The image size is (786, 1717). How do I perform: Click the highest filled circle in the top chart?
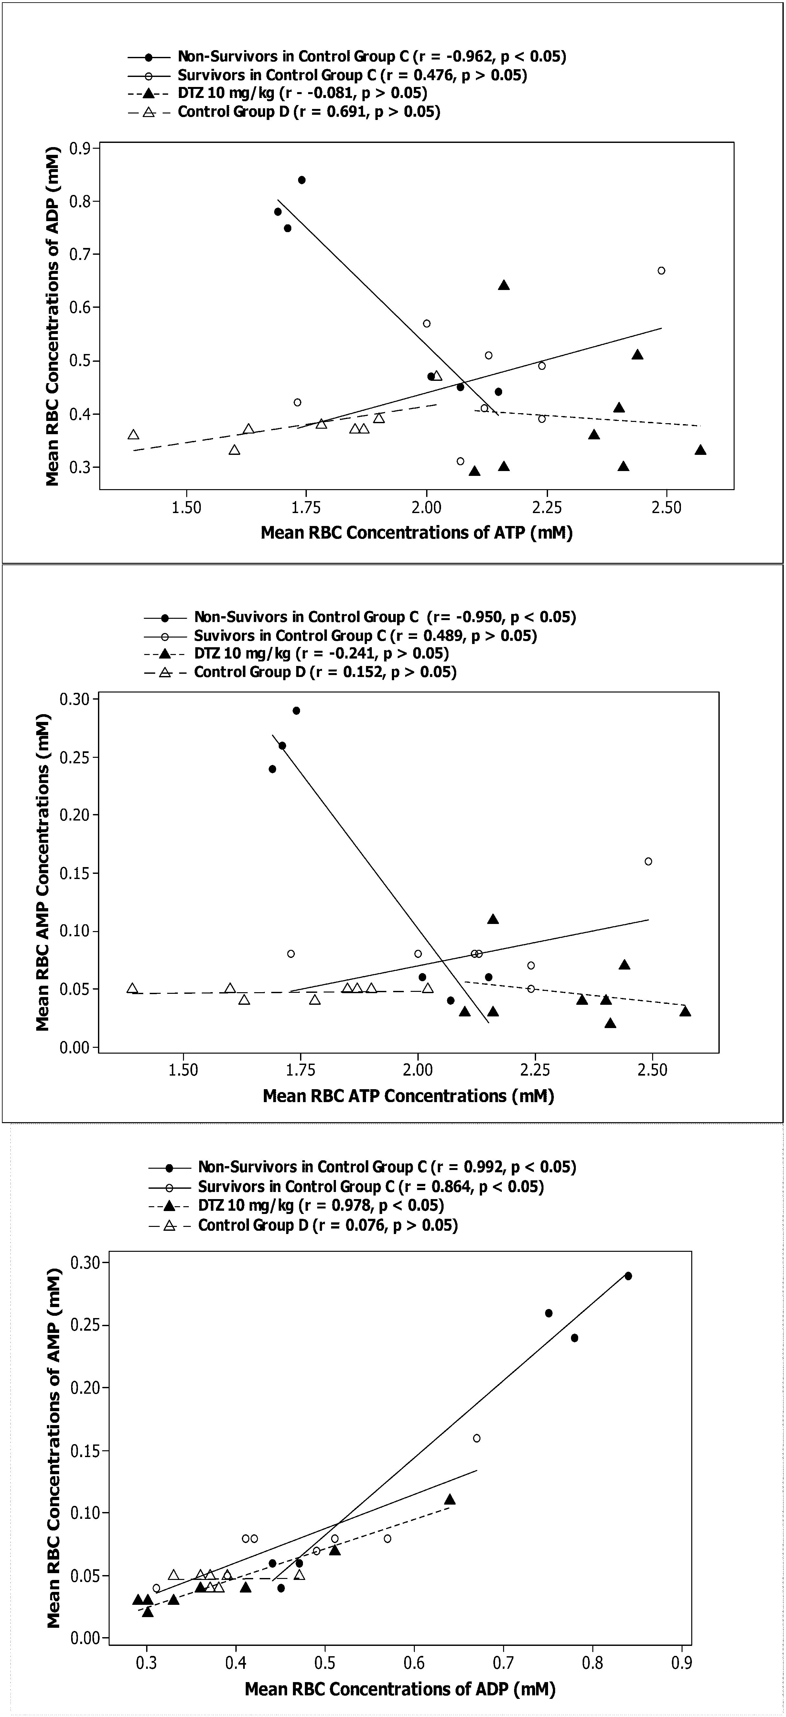click(x=301, y=180)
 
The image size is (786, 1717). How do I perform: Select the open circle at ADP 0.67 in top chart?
click(x=661, y=271)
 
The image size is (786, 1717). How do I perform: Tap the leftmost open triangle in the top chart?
click(x=133, y=435)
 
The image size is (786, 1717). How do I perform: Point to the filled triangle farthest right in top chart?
click(x=700, y=450)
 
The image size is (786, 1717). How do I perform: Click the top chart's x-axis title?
click(x=417, y=532)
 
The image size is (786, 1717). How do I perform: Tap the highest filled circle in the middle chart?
click(x=296, y=711)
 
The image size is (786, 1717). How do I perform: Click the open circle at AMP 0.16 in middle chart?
click(x=648, y=861)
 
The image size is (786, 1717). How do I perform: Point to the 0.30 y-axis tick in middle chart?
click(x=78, y=699)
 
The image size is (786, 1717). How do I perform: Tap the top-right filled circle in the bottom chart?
click(x=627, y=1276)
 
